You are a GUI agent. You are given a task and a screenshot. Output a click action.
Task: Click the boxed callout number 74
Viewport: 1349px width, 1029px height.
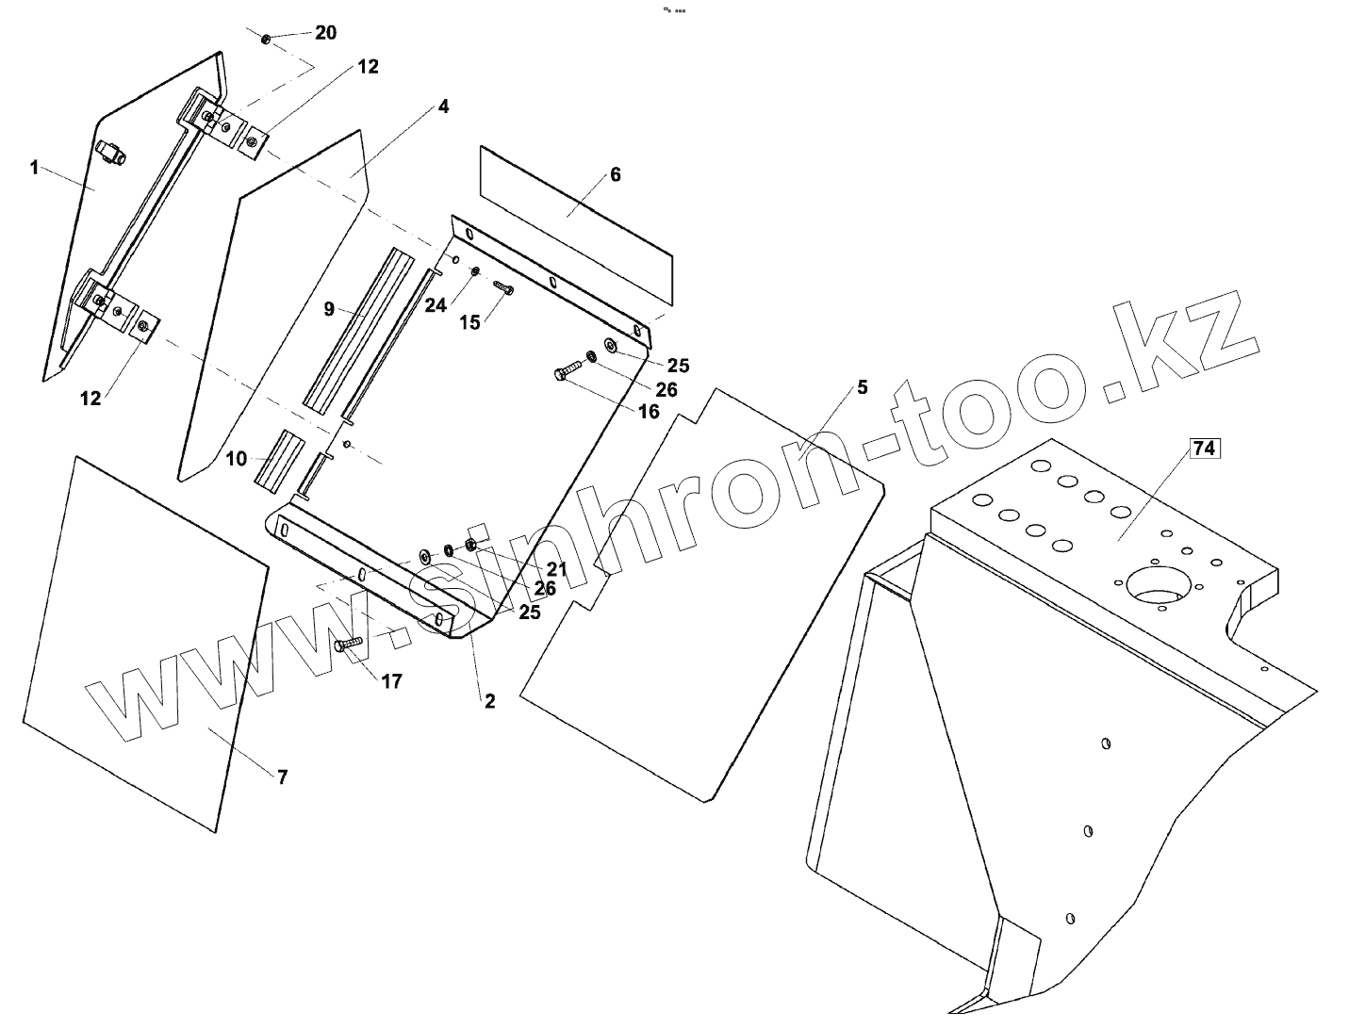pyautogui.click(x=1204, y=449)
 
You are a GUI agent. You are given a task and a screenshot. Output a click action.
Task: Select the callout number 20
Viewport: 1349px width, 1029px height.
pyautogui.click(x=325, y=33)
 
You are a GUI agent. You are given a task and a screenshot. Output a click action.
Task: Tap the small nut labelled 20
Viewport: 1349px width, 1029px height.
pyautogui.click(x=267, y=39)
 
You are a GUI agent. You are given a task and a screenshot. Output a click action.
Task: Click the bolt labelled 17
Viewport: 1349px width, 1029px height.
pyautogui.click(x=349, y=644)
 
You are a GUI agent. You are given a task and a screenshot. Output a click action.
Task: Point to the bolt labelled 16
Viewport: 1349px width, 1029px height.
pyautogui.click(x=567, y=371)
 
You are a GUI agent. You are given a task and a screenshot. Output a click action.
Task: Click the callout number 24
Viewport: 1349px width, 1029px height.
pyautogui.click(x=435, y=305)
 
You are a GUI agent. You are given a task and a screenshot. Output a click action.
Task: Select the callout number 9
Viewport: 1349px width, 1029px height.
pyautogui.click(x=329, y=308)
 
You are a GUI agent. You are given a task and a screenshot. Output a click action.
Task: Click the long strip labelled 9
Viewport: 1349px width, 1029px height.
pyautogui.click(x=359, y=326)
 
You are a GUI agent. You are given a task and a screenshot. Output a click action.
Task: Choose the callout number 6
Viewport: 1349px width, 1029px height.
pyautogui.click(x=616, y=174)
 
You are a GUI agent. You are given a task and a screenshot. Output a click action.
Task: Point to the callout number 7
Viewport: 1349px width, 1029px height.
pyautogui.click(x=282, y=776)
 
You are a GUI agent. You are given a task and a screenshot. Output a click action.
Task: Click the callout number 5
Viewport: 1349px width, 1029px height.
pyautogui.click(x=862, y=387)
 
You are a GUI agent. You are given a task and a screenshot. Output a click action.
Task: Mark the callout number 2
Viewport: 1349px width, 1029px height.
pyautogui.click(x=489, y=701)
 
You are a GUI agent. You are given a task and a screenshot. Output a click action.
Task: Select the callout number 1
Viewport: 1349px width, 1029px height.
pyautogui.click(x=34, y=168)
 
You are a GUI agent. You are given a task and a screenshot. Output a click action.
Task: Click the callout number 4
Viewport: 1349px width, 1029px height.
pyautogui.click(x=443, y=106)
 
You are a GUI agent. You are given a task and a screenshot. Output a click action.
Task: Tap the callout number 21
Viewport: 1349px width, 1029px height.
pyautogui.click(x=556, y=569)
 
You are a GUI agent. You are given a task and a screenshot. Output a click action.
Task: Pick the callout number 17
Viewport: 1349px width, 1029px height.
pyautogui.click(x=392, y=680)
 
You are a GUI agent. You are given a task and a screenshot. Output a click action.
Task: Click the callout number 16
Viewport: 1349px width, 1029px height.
pyautogui.click(x=649, y=411)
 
